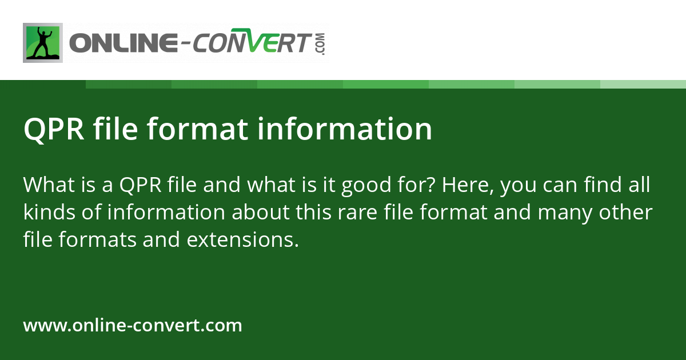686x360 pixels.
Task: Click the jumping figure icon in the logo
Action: pyautogui.click(x=43, y=43)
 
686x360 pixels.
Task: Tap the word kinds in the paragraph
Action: pyautogui.click(x=47, y=213)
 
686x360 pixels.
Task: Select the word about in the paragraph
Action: pyautogui.click(x=260, y=213)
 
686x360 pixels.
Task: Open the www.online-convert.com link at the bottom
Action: pyautogui.click(x=133, y=326)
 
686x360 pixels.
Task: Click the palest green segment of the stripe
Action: pyautogui.click(x=643, y=84)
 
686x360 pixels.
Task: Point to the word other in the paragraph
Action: pyautogui.click(x=627, y=213)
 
